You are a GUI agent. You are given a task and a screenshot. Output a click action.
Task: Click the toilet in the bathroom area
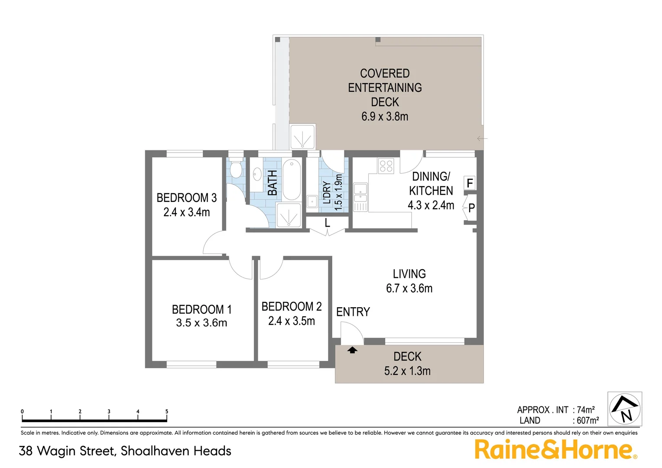coord(236,169)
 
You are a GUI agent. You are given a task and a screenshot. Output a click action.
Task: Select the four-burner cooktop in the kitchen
coord(386,166)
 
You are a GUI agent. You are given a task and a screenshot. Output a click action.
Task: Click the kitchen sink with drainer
coord(360,198)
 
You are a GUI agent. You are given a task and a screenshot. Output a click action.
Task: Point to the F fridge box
coord(470,183)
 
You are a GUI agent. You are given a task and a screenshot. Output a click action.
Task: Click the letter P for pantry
coord(472,208)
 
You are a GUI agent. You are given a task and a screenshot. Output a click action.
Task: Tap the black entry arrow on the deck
coord(352,350)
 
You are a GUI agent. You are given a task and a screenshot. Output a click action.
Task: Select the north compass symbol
coord(625,409)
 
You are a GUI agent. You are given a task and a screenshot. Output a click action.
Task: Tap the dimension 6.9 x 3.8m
coord(385,117)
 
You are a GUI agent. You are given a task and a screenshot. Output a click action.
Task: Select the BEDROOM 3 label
coord(186,198)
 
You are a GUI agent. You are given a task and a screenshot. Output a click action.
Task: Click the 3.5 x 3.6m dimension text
coord(201,323)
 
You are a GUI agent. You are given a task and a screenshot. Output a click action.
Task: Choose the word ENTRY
coord(353,312)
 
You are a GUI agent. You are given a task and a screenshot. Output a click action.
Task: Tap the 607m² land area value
coord(587,420)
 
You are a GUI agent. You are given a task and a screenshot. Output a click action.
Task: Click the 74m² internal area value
coord(586,409)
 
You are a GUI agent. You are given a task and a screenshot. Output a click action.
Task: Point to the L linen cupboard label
coord(328,223)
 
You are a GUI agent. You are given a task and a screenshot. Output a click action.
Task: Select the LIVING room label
coord(409,274)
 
